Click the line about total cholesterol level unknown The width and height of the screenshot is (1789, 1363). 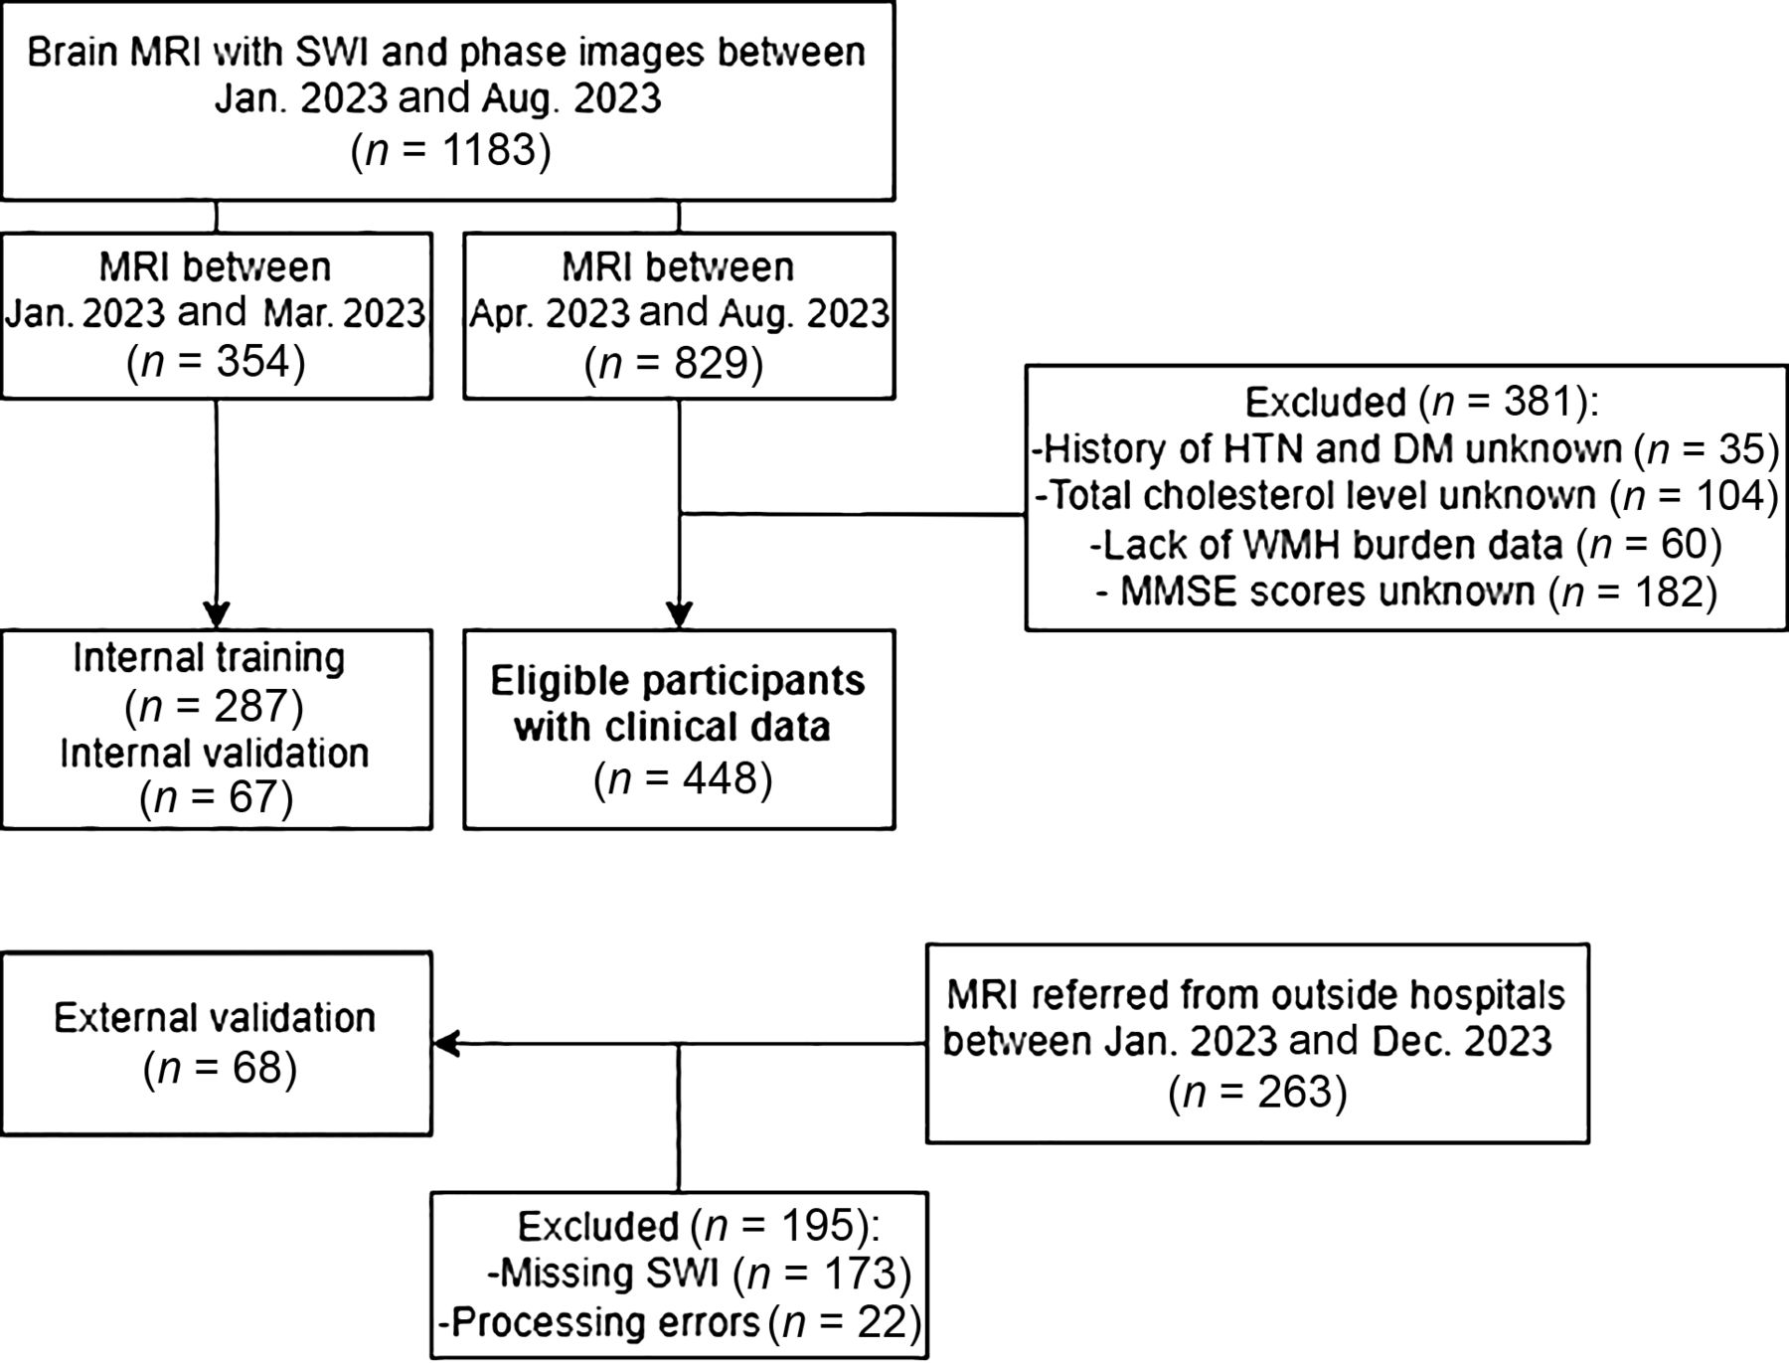[x=1406, y=495]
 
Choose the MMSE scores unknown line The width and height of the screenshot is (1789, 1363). [x=1406, y=592]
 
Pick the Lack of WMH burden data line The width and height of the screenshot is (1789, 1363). [x=1405, y=544]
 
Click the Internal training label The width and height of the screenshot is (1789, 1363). [x=209, y=658]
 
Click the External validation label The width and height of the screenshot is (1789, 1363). [x=215, y=1018]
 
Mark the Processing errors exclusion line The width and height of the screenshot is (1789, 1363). [x=681, y=1322]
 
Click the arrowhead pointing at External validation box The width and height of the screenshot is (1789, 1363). [x=445, y=1044]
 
